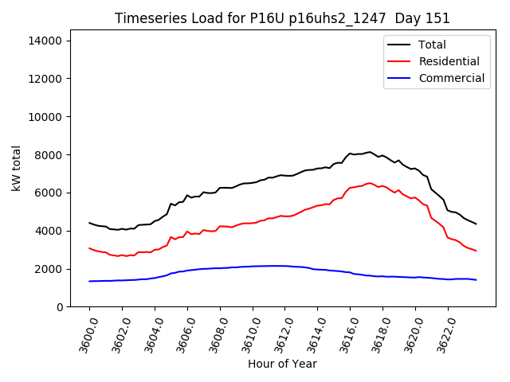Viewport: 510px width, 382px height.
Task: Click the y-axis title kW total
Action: tap(17, 168)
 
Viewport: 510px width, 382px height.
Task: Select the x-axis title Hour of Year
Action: tap(282, 364)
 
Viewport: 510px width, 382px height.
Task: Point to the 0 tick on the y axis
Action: tap(59, 307)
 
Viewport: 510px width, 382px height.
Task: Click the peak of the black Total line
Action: tap(369, 151)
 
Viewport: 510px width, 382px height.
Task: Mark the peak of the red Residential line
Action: tap(369, 182)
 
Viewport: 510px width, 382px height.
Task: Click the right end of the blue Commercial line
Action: tap(476, 280)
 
